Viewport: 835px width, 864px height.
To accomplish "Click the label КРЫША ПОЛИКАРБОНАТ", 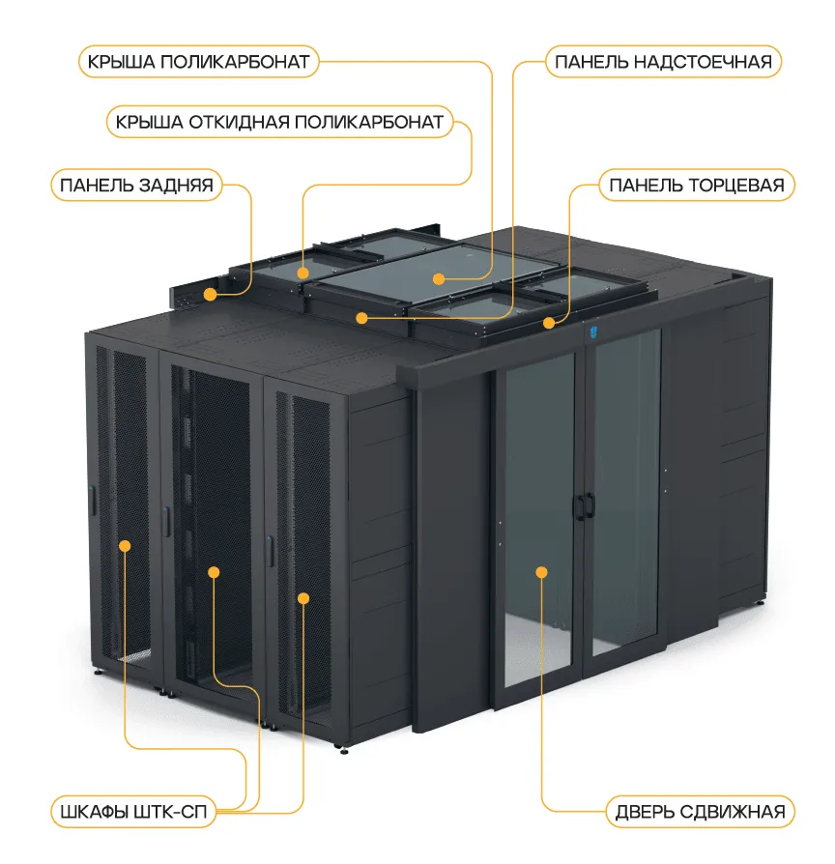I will (198, 63).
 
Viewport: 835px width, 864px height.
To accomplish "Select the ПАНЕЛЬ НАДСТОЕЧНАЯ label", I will (663, 63).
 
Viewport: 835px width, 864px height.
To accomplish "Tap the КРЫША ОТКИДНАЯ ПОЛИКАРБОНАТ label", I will (278, 122).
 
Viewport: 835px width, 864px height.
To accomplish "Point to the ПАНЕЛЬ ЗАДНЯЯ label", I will (135, 185).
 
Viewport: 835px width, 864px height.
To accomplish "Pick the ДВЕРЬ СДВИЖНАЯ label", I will (701, 810).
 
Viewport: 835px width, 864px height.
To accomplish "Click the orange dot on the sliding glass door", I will (542, 572).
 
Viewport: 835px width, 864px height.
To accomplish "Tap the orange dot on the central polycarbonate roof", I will (439, 279).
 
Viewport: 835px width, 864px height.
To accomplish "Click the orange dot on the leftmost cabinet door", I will (125, 546).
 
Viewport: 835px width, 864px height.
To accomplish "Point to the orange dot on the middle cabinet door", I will (214, 572).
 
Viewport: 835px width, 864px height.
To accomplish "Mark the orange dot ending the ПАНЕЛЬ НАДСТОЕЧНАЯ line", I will (361, 317).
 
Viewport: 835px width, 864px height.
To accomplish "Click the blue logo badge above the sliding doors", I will (593, 332).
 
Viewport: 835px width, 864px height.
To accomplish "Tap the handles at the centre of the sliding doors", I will (585, 504).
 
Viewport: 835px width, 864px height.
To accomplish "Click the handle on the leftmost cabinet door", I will (92, 500).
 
